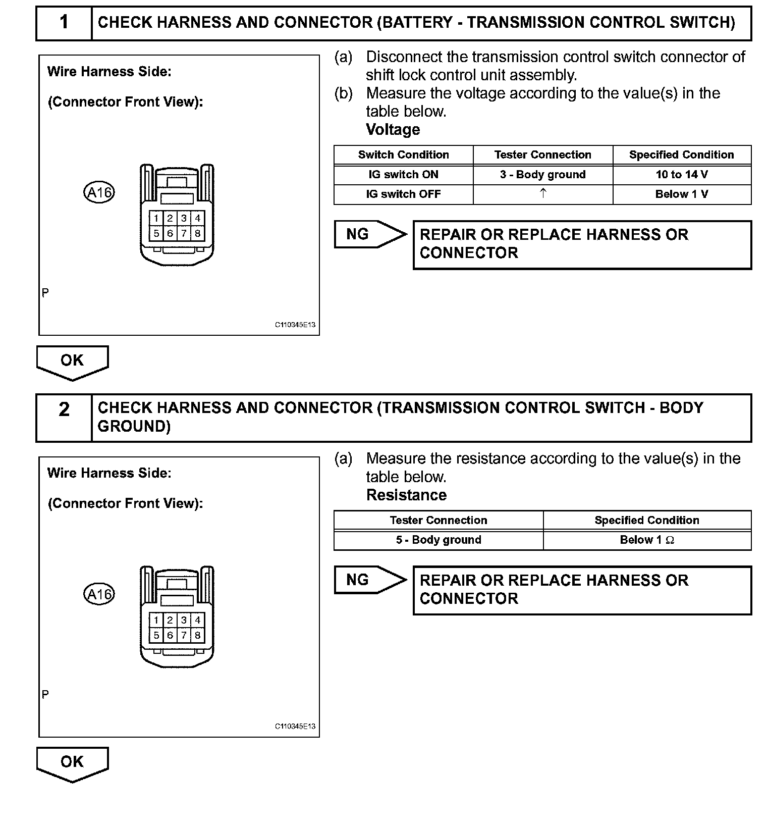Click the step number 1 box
click(x=64, y=22)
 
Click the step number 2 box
click(x=64, y=417)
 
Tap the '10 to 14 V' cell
click(x=681, y=175)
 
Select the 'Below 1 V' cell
click(x=681, y=194)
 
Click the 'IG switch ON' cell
click(x=403, y=175)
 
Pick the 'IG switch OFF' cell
click(x=403, y=194)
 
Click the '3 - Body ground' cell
click(x=542, y=175)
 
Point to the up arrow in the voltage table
click(x=543, y=193)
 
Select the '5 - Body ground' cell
click(x=439, y=540)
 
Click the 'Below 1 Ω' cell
click(x=647, y=540)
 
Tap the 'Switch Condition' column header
click(x=403, y=155)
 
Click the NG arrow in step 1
click(x=370, y=234)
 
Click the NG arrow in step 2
click(x=370, y=580)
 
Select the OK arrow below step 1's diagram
click(x=72, y=362)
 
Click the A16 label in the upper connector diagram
click(x=99, y=192)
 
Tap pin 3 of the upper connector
click(x=184, y=218)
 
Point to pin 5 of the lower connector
click(x=156, y=635)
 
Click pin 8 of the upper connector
click(x=198, y=233)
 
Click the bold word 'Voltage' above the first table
click(x=393, y=130)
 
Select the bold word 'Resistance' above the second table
click(x=406, y=495)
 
